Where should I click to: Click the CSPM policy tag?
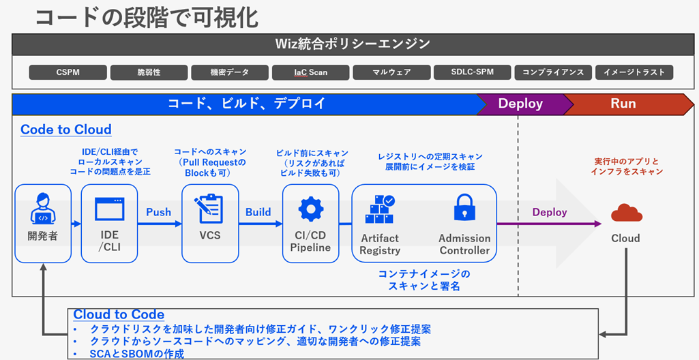click(x=68, y=72)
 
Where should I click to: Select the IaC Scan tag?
click(x=310, y=72)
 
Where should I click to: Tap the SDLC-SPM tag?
click(x=472, y=72)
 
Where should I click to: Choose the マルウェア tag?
click(x=391, y=72)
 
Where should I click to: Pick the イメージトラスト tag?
click(x=634, y=72)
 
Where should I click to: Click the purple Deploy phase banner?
click(x=520, y=104)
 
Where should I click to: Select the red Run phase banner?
click(x=623, y=104)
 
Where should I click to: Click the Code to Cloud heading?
click(x=66, y=130)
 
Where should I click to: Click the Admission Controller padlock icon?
click(x=464, y=208)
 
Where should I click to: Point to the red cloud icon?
click(x=626, y=213)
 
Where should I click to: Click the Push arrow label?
click(x=158, y=212)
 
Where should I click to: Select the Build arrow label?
click(x=258, y=212)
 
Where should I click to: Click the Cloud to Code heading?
click(x=119, y=314)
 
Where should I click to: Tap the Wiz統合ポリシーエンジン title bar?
click(x=353, y=44)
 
